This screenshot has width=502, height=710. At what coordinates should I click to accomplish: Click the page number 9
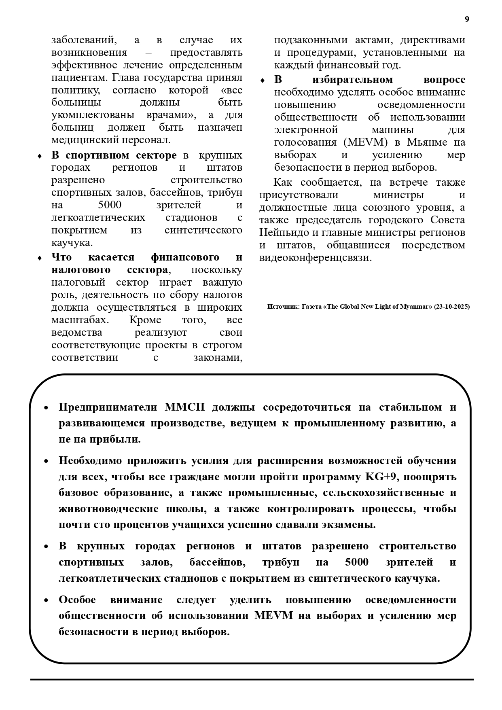click(467, 19)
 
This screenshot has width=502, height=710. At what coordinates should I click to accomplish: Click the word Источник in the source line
click(282, 307)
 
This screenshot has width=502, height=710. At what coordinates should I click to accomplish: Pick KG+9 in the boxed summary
click(382, 477)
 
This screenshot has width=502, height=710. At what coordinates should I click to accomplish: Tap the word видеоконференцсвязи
click(315, 258)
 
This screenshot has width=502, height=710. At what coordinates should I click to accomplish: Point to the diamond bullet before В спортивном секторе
click(40, 156)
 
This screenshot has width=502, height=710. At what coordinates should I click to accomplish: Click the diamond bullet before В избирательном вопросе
click(262, 81)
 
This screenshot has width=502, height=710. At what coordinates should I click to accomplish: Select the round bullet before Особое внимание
click(46, 600)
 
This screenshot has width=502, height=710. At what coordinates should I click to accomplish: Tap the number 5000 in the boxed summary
click(357, 562)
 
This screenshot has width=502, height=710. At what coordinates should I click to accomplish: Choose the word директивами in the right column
click(439, 40)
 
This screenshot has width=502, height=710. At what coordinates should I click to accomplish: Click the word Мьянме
click(427, 142)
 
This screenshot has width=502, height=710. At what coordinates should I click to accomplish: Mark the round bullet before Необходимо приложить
click(46, 462)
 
